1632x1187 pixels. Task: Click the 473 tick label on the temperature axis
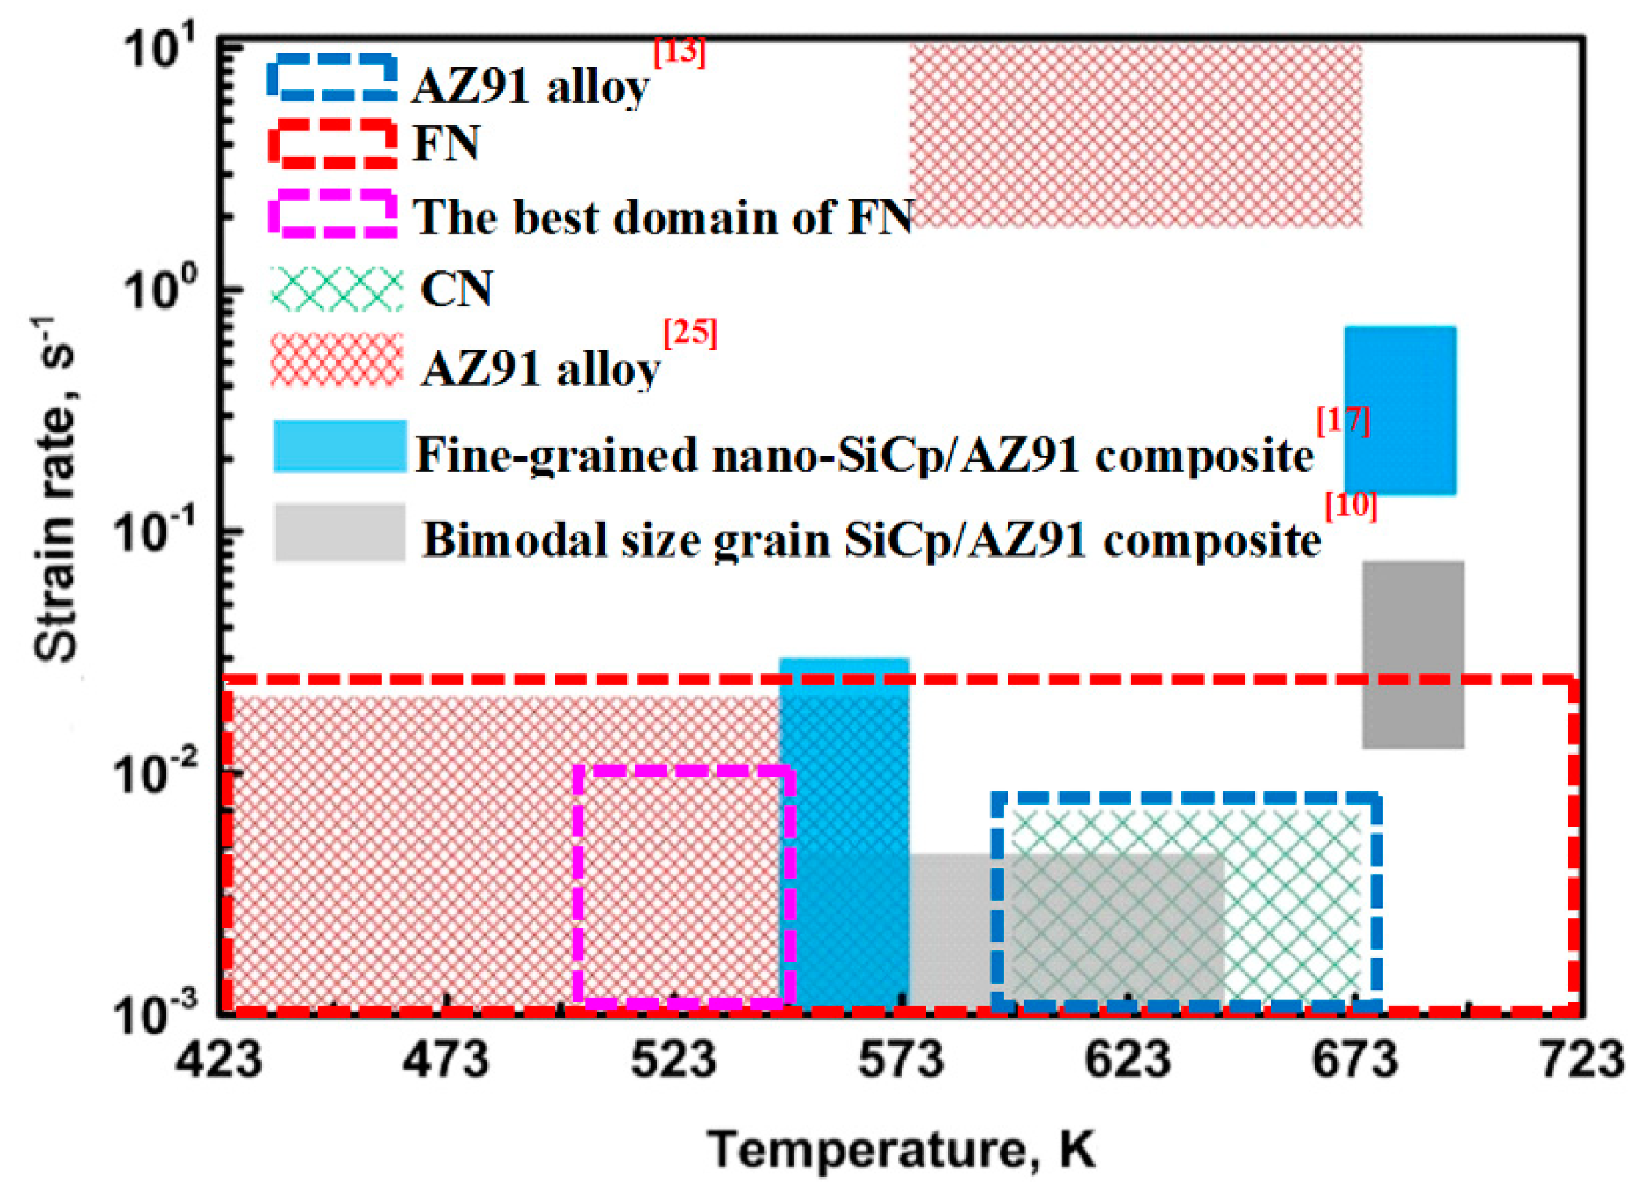coord(446,1060)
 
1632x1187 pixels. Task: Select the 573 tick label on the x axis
coord(901,1060)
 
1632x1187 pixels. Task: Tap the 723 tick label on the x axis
coord(1583,1060)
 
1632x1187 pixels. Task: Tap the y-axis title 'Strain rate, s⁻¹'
coord(55,491)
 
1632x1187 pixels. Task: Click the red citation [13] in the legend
coord(679,53)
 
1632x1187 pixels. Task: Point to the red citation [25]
coord(690,333)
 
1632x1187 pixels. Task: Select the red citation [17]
coord(1343,421)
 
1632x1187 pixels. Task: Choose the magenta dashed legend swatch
coord(333,214)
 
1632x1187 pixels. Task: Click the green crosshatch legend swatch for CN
coord(336,289)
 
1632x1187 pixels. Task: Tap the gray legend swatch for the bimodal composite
coord(339,533)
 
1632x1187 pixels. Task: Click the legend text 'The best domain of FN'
coord(663,217)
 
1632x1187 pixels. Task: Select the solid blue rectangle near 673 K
coord(1400,410)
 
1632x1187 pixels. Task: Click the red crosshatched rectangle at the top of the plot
coord(1135,136)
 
